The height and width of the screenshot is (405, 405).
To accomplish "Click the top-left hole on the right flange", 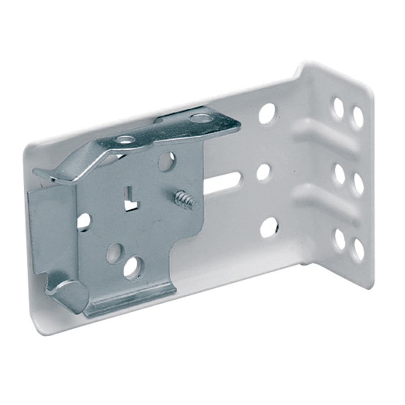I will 338,108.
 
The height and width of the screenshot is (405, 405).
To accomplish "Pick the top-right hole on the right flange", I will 358,117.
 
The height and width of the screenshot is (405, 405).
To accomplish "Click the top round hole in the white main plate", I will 267,113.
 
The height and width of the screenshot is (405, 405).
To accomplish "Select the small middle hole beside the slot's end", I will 263,172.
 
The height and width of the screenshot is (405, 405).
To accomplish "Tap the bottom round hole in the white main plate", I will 269,227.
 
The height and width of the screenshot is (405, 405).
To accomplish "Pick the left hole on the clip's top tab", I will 125,140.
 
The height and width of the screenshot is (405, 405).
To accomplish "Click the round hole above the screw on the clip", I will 166,161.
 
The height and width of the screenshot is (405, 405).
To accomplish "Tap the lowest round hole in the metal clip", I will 132,268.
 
